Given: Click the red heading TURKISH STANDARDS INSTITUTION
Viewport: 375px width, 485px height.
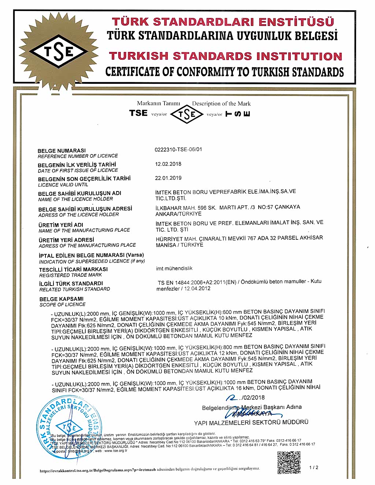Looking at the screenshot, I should pyautogui.click(x=225, y=56).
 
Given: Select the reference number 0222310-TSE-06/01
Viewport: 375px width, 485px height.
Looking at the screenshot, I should pyautogui.click(x=178, y=149).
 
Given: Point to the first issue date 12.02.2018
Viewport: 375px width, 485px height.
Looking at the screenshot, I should pyautogui.click(x=168, y=164).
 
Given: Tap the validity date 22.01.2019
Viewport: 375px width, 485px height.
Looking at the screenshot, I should pyautogui.click(x=168, y=178).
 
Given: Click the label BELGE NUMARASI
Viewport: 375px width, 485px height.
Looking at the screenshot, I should pyautogui.click(x=62, y=150).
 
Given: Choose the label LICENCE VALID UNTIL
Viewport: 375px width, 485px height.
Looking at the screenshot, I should pyautogui.click(x=63, y=185).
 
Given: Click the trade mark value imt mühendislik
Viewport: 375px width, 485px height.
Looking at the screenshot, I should pyautogui.click(x=174, y=268).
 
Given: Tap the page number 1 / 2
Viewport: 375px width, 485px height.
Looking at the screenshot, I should pyautogui.click(x=314, y=467).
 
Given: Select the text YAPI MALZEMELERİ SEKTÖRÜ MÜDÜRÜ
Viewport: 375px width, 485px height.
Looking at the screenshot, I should pyautogui.click(x=251, y=423).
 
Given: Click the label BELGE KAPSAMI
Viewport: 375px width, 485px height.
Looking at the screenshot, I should pyautogui.click(x=62, y=299).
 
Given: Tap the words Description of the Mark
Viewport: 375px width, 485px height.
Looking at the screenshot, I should pyautogui.click(x=221, y=104).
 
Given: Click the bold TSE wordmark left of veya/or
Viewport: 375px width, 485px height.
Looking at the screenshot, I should pyautogui.click(x=138, y=113).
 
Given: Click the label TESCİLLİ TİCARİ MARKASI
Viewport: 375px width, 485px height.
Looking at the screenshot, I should pyautogui.click(x=73, y=269).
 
